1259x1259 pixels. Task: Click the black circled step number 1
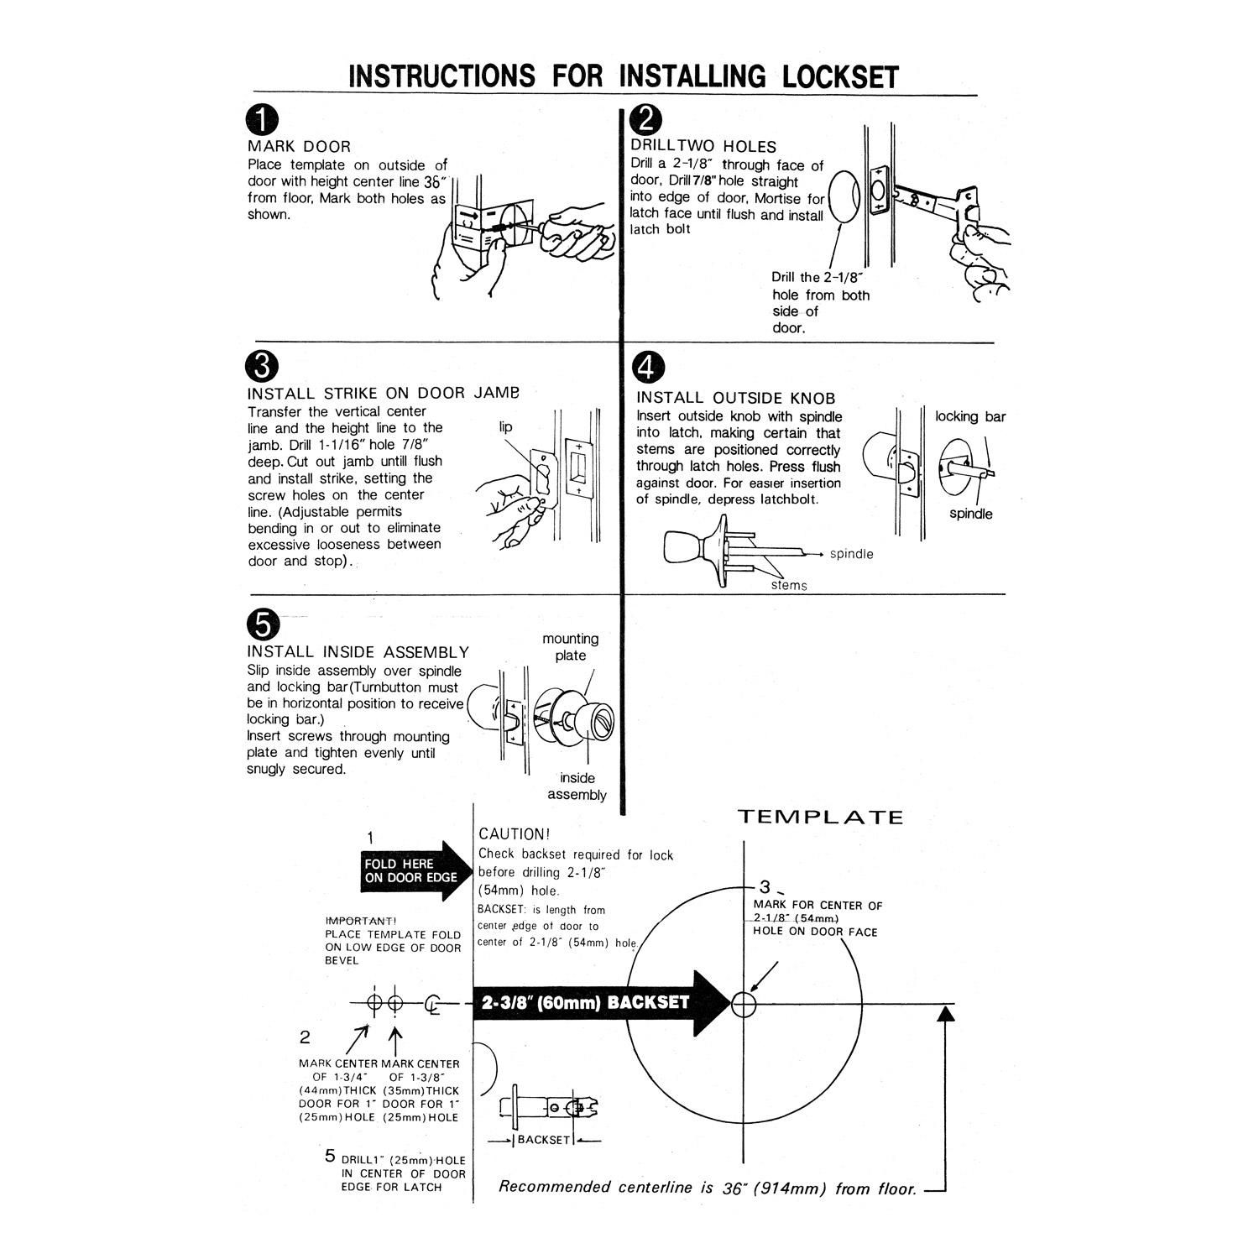tap(262, 121)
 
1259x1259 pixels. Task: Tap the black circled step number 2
tap(645, 121)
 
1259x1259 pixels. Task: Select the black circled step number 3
tap(262, 367)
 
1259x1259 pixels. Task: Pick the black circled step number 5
tap(262, 625)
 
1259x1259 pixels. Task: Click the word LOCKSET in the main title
tap(840, 76)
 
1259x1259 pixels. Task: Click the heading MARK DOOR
tap(299, 146)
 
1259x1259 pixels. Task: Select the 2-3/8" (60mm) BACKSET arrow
tap(600, 1003)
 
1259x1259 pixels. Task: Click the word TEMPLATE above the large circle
tap(820, 818)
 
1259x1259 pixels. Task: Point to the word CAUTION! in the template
tap(514, 834)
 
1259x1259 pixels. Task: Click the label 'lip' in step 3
tap(505, 427)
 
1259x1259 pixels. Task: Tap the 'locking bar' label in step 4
tap(970, 417)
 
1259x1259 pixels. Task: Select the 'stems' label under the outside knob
tap(789, 585)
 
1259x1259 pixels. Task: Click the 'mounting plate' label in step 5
tap(570, 647)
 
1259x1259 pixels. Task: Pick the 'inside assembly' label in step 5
tap(577, 786)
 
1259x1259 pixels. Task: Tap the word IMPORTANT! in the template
tap(361, 921)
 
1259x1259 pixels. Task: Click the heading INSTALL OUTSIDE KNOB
tap(735, 398)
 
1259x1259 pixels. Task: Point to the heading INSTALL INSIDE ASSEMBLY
tap(358, 652)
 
